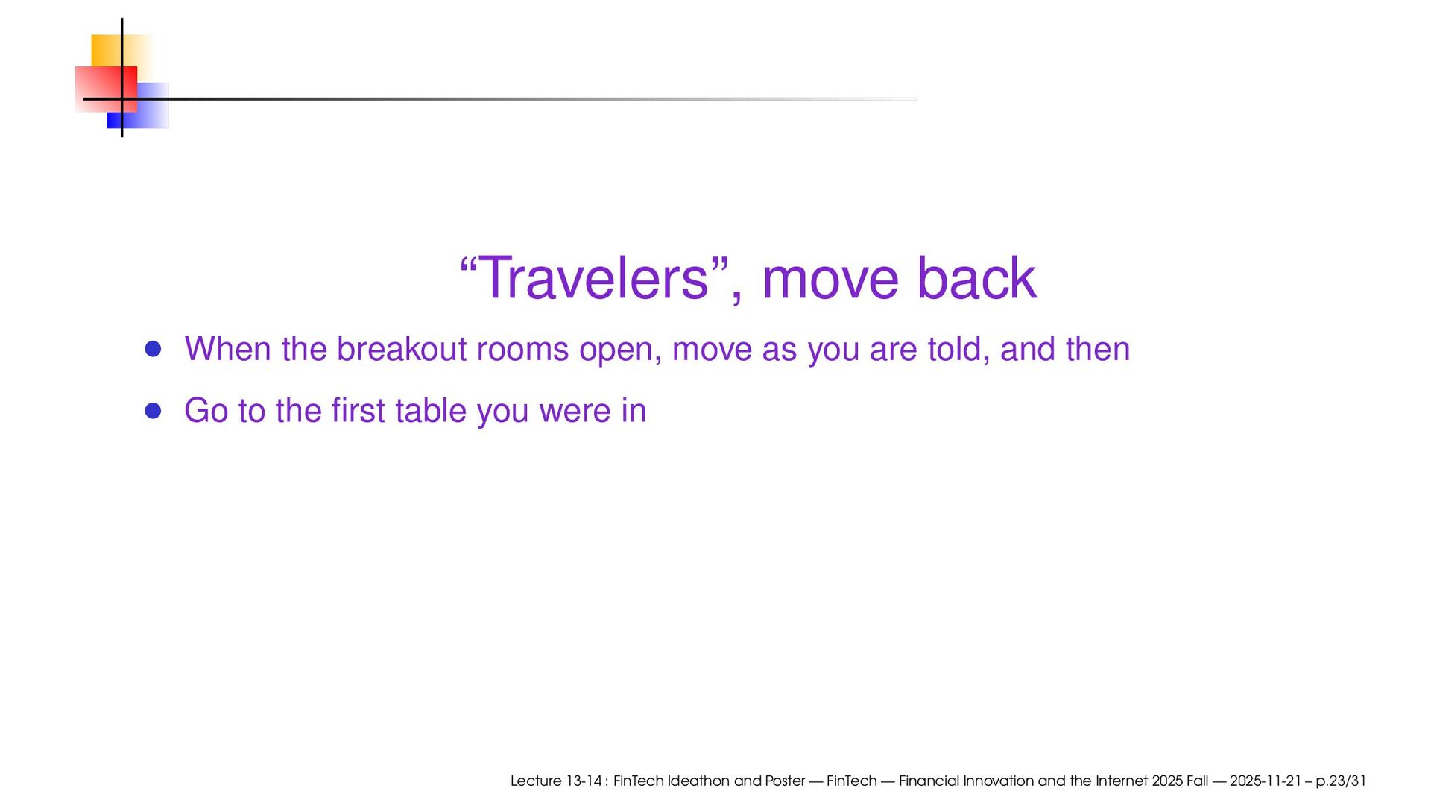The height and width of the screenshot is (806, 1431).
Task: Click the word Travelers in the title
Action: click(x=593, y=279)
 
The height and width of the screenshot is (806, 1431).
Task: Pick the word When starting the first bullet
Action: click(x=227, y=349)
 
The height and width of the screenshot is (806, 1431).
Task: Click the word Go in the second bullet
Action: click(x=206, y=411)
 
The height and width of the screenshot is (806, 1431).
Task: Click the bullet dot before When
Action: click(x=154, y=350)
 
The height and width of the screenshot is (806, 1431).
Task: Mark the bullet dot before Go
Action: click(x=154, y=411)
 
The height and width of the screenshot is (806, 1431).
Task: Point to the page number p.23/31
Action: click(x=1341, y=781)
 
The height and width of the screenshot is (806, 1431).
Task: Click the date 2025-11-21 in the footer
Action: click(x=1266, y=781)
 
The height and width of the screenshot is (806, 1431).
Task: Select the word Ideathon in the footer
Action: click(x=698, y=781)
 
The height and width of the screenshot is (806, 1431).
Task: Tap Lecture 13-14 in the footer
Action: click(x=556, y=781)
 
